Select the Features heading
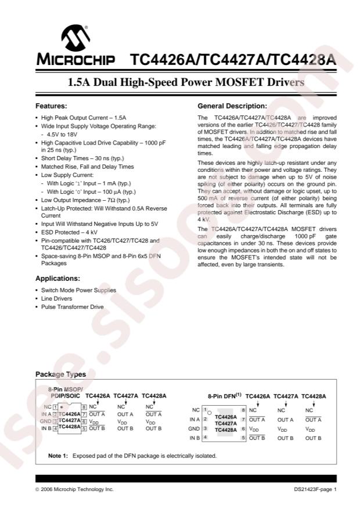click(51, 106)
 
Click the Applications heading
click(58, 278)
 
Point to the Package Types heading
click(60, 374)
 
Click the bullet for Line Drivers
click(37, 298)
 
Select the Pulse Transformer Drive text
click(72, 306)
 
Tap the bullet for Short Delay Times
click(37, 158)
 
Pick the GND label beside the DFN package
click(194, 428)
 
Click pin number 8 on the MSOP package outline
click(84, 407)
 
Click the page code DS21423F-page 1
click(315, 490)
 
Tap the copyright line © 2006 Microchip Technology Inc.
click(74, 490)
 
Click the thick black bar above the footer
click(186, 478)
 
